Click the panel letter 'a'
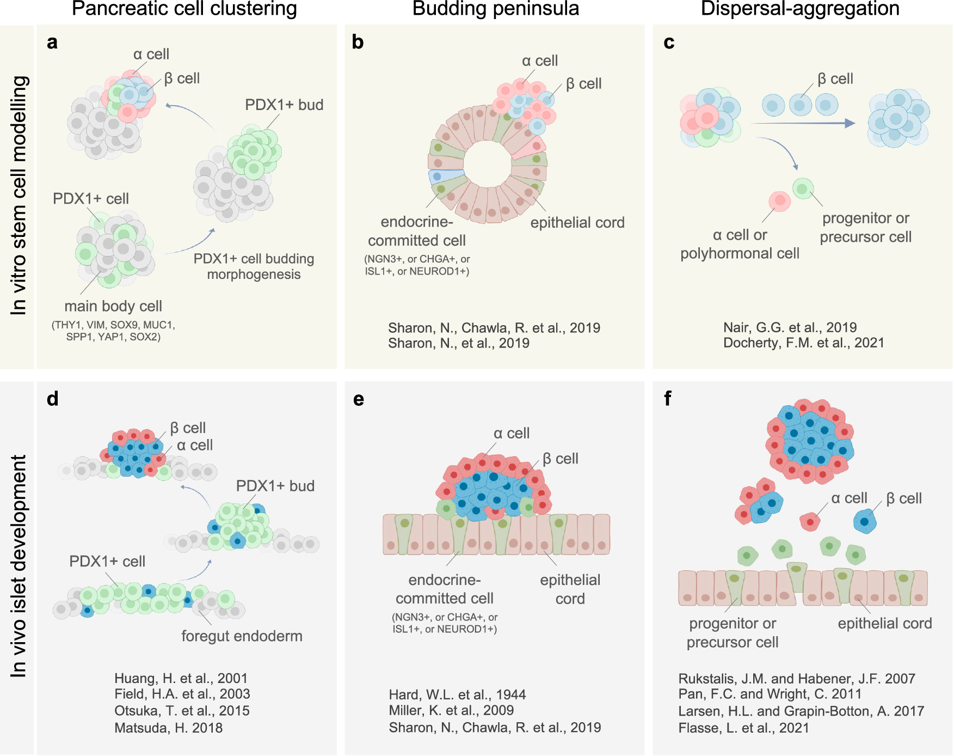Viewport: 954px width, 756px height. pyautogui.click(x=52, y=42)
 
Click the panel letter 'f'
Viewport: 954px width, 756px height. pyautogui.click(x=668, y=399)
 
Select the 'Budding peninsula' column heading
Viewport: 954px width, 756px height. pyautogui.click(x=495, y=9)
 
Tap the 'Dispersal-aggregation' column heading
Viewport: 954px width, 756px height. pyautogui.click(x=799, y=9)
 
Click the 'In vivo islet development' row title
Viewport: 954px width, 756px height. pyautogui.click(x=19, y=566)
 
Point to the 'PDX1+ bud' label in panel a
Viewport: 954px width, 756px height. pyautogui.click(x=284, y=105)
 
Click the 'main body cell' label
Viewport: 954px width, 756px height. pyautogui.click(x=113, y=306)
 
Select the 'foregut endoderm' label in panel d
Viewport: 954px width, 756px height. pyautogui.click(x=242, y=636)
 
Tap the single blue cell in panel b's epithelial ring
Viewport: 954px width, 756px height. pyautogui.click(x=438, y=176)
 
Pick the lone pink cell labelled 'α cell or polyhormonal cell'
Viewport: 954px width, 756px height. pyautogui.click(x=779, y=201)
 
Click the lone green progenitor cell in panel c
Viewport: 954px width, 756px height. pyautogui.click(x=803, y=188)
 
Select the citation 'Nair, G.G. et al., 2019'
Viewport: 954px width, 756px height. pyautogui.click(x=790, y=327)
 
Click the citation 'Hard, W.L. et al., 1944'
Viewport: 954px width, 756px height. pyautogui.click(x=457, y=694)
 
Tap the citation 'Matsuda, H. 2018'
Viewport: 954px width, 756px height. pyautogui.click(x=168, y=728)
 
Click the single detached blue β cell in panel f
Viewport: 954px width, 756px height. pyautogui.click(x=865, y=522)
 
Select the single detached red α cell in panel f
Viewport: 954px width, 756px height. pyautogui.click(x=810, y=522)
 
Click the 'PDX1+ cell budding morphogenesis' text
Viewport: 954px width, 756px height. pyautogui.click(x=254, y=266)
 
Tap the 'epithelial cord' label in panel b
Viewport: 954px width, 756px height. pyautogui.click(x=577, y=223)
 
